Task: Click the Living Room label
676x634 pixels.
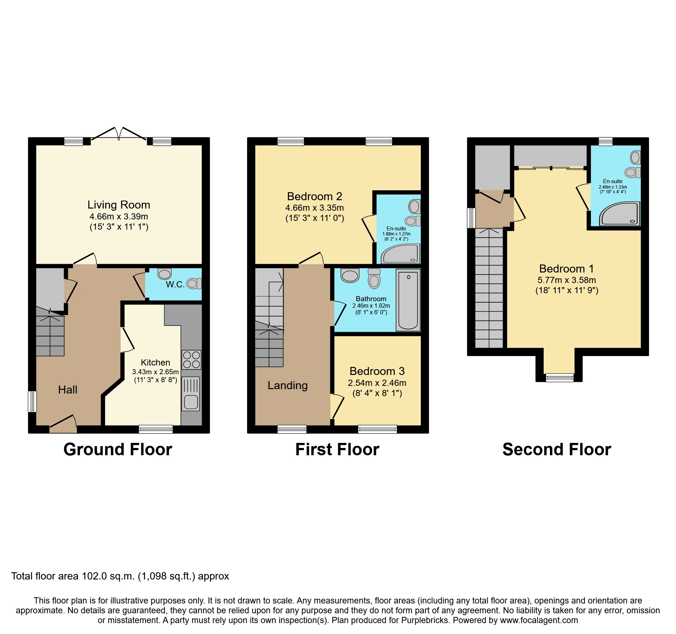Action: point(119,205)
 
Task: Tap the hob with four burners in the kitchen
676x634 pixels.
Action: point(191,360)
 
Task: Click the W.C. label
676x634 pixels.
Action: point(175,284)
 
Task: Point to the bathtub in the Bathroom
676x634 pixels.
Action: point(408,300)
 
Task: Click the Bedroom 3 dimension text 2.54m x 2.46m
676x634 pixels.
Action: point(377,383)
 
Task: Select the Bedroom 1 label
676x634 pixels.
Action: point(566,269)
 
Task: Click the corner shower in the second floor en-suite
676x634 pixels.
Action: point(619,215)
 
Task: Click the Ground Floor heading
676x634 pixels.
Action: point(118,449)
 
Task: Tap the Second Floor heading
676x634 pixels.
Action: point(556,449)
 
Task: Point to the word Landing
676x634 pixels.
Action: point(287,385)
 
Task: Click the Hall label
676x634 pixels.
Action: point(68,390)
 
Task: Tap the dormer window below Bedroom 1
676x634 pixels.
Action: point(560,378)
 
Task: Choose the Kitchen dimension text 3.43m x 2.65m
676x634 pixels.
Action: point(155,372)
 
